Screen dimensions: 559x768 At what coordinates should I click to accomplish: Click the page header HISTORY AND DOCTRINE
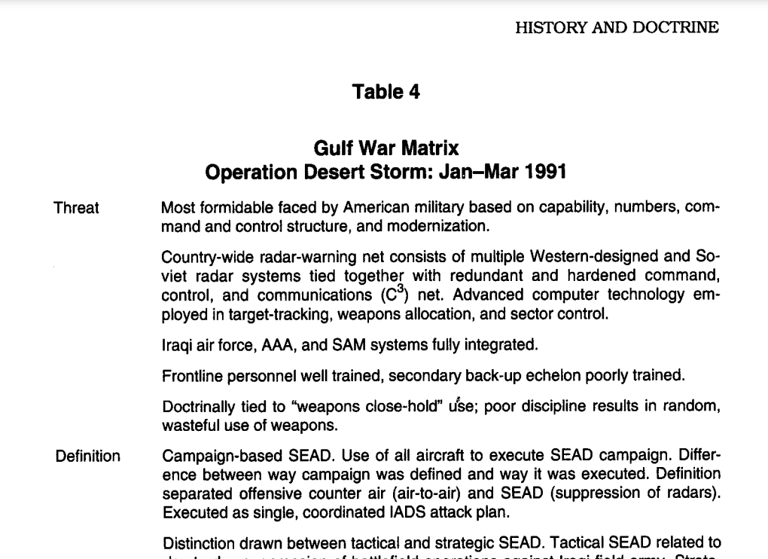click(x=617, y=28)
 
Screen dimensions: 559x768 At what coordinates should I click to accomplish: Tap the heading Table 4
click(x=386, y=92)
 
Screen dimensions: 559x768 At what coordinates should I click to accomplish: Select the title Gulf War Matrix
click(x=386, y=148)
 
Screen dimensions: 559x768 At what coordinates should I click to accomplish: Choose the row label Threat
click(x=76, y=208)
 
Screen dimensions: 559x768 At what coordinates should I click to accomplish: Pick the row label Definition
click(x=87, y=456)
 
